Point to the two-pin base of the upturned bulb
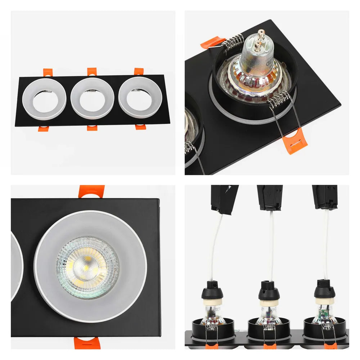click(x=257, y=41)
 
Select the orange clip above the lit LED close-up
click(x=92, y=191)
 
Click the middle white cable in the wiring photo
click(x=270, y=245)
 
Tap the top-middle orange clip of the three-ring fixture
click(x=92, y=71)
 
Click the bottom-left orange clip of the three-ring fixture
click(x=43, y=128)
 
